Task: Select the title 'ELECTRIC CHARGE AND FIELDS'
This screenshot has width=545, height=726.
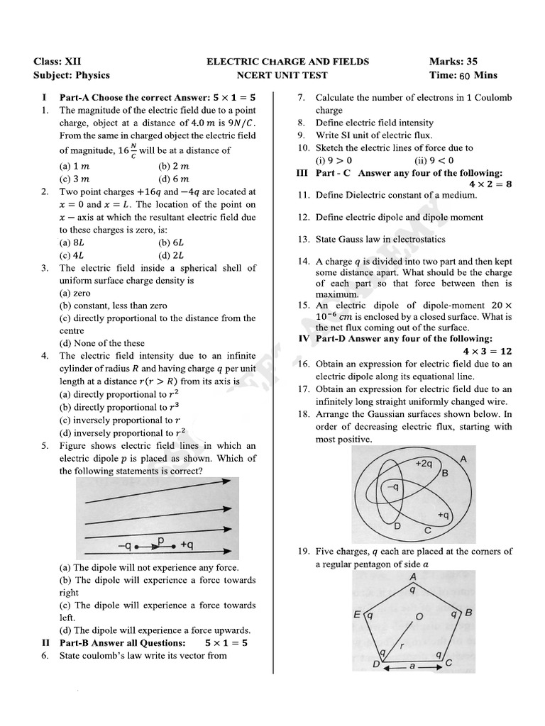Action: point(287,62)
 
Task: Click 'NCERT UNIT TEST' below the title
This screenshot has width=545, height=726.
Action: point(287,75)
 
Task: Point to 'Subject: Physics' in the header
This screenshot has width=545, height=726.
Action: point(72,75)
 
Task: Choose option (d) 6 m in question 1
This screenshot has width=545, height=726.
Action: point(174,179)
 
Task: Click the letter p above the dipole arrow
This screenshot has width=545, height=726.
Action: point(160,541)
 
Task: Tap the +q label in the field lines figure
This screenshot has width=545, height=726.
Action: point(188,545)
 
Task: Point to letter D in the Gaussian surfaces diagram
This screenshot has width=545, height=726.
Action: point(397,526)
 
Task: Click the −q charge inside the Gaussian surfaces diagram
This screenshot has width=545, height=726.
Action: point(391,488)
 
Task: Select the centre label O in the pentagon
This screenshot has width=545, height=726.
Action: point(419,616)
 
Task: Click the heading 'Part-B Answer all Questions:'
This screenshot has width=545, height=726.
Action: point(122,643)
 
